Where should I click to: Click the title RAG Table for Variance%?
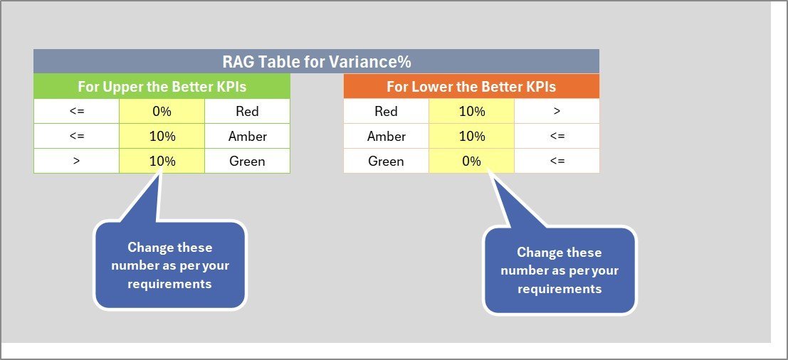(316, 62)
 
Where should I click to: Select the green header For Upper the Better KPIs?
(162, 87)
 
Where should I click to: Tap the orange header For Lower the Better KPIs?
(471, 87)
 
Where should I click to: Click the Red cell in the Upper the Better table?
(247, 111)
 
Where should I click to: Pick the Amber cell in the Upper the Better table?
(247, 136)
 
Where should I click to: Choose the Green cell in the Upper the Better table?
(247, 161)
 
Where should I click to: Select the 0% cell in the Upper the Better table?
(162, 111)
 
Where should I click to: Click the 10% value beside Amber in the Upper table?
(162, 136)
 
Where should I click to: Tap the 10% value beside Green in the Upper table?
(162, 161)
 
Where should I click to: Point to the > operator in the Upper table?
(76, 161)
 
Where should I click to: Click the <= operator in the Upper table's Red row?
(76, 111)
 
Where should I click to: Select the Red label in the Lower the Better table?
(386, 111)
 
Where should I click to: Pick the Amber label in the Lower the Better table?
(386, 136)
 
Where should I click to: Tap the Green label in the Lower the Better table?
(386, 161)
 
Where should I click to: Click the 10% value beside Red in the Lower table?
(471, 111)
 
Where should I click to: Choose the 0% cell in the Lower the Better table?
(471, 161)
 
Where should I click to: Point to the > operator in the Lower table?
(557, 111)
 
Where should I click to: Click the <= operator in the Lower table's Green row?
(557, 161)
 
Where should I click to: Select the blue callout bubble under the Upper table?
(170, 265)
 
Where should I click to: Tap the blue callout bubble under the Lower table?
(560, 270)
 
